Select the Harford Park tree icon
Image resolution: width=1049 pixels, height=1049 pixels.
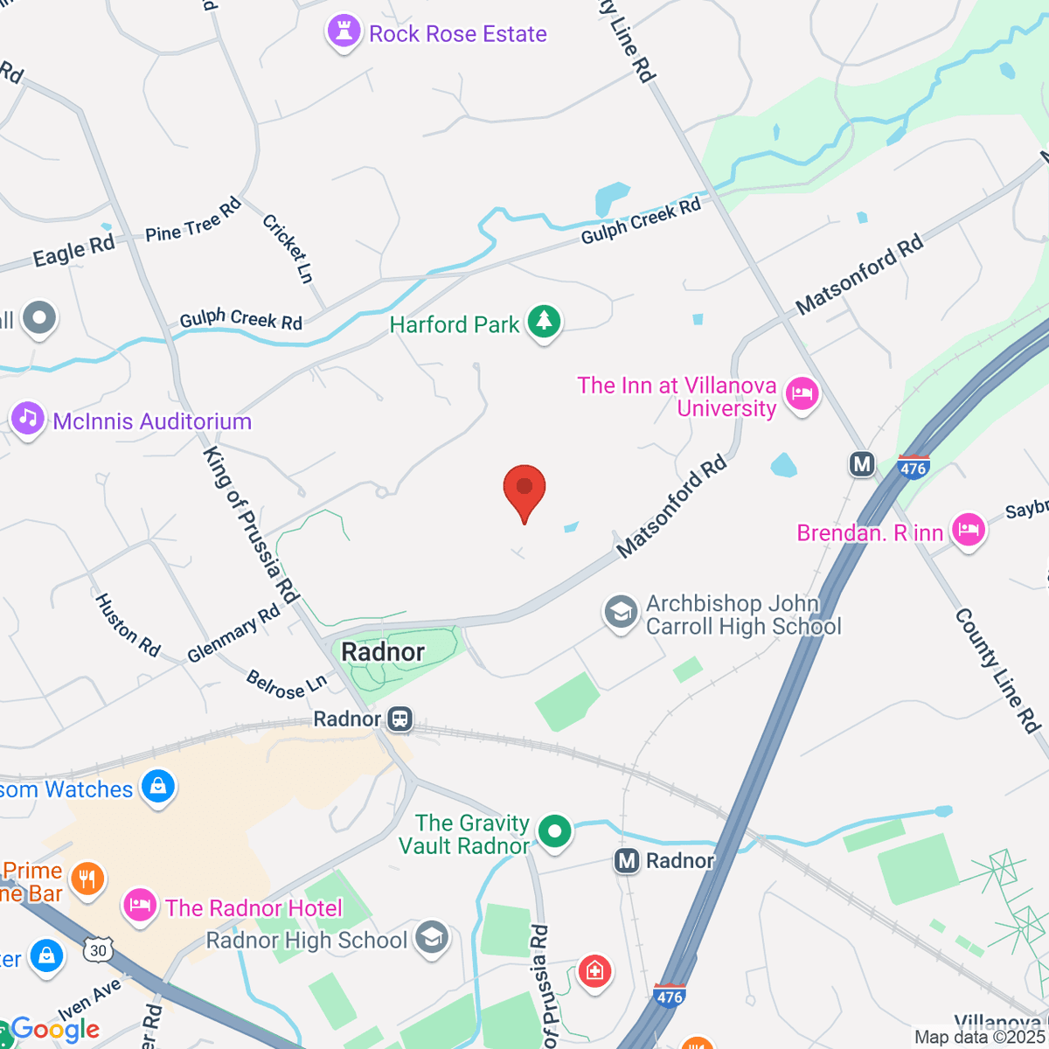click(x=545, y=323)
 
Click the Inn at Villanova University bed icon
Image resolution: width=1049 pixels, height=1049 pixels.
click(x=801, y=394)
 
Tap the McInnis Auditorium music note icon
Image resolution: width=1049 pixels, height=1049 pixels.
click(x=27, y=419)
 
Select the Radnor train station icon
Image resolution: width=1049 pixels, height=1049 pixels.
click(x=400, y=719)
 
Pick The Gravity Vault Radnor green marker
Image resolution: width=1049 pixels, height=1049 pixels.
click(x=554, y=831)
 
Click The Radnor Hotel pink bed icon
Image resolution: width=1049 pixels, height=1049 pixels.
click(x=140, y=907)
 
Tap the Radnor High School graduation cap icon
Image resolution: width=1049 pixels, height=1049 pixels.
click(x=431, y=938)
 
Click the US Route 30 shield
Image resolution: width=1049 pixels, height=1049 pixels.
click(x=98, y=950)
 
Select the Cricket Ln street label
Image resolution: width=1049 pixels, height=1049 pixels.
click(x=288, y=248)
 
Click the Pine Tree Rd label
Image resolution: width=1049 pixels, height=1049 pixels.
click(x=193, y=220)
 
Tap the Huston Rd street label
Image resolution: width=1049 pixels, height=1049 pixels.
click(x=128, y=625)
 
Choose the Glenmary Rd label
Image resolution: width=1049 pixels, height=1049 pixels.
click(x=233, y=633)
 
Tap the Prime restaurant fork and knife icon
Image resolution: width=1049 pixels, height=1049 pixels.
click(x=87, y=879)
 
